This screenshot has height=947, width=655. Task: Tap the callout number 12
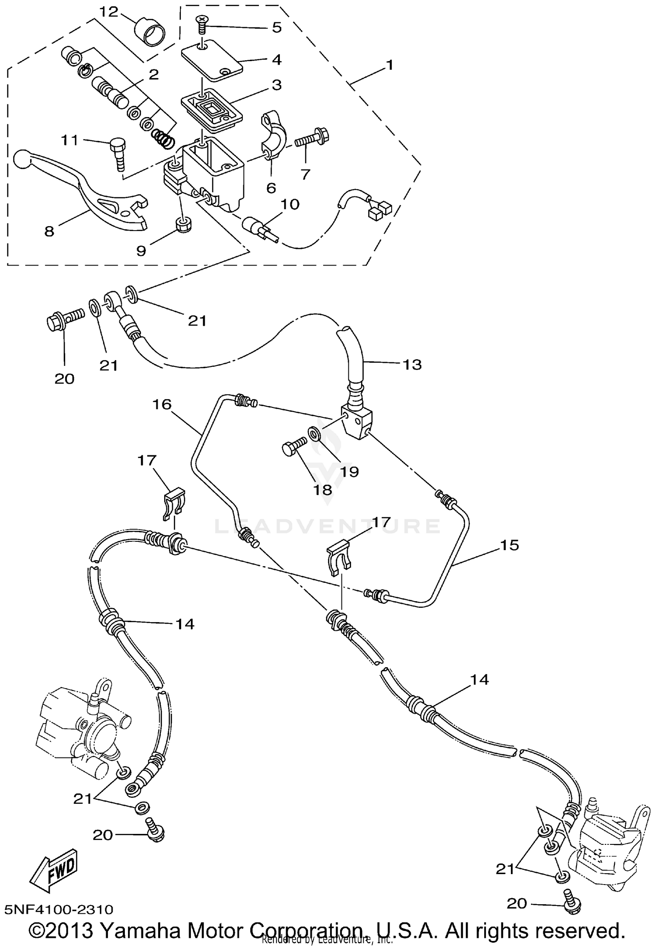108,12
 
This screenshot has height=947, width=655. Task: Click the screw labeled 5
202,25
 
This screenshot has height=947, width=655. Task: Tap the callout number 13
411,364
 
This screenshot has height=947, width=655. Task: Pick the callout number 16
162,404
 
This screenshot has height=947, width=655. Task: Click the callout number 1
390,65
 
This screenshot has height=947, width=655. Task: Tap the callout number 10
290,204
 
